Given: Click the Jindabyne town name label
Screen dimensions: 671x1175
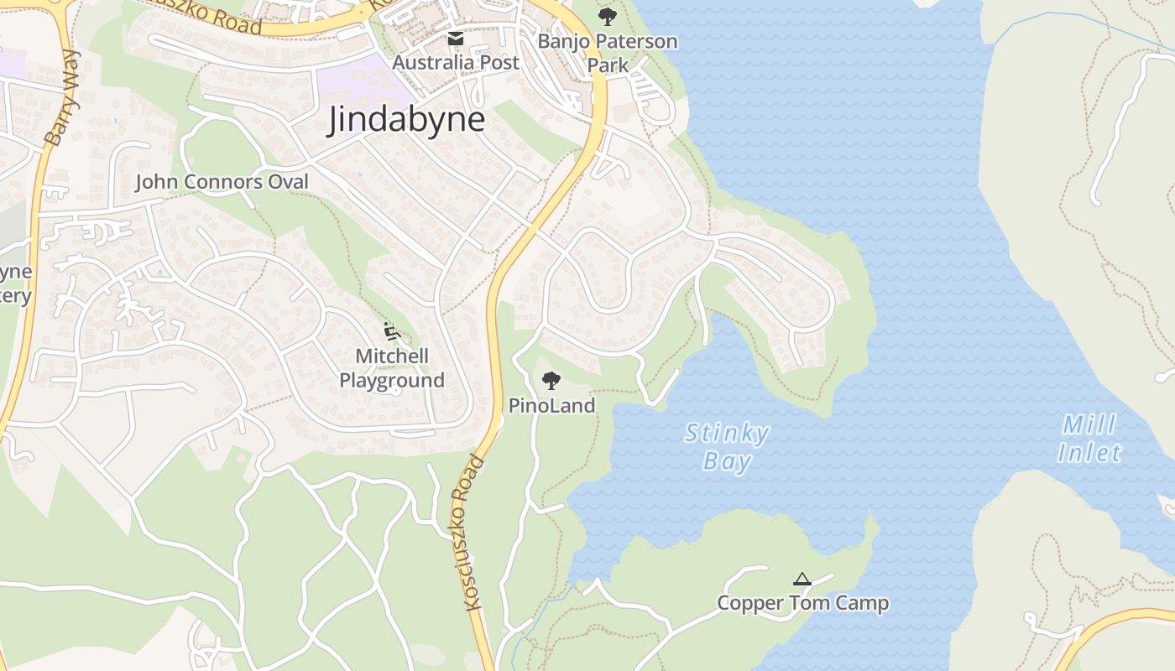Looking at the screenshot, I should point(406,119).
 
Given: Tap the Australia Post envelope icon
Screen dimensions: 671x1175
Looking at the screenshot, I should point(455,39).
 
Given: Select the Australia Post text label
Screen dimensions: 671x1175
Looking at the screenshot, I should point(456,62).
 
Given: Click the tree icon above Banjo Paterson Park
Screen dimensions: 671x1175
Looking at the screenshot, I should point(607,16).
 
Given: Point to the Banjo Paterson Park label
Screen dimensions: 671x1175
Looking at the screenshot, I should point(607,52).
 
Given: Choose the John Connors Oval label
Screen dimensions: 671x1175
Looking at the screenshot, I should point(222,181).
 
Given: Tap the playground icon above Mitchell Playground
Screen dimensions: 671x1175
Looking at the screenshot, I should point(392,332).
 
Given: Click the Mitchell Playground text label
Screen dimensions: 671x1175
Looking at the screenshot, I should point(392,368).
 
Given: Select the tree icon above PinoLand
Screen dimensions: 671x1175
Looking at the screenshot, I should point(551,382).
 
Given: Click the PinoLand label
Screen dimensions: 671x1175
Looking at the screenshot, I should point(551,406).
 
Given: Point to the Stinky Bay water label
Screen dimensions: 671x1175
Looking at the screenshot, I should point(727,447).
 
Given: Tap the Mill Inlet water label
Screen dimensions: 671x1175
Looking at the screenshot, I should point(1089,439).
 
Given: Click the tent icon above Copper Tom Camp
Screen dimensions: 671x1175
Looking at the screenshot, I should point(802,579).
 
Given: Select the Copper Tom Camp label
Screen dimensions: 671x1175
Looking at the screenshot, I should point(802,603).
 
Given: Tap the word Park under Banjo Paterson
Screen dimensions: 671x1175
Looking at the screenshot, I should point(608,65).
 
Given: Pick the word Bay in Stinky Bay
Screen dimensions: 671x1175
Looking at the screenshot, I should point(727,462).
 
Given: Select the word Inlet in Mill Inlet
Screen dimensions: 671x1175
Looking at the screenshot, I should point(1089,454).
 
